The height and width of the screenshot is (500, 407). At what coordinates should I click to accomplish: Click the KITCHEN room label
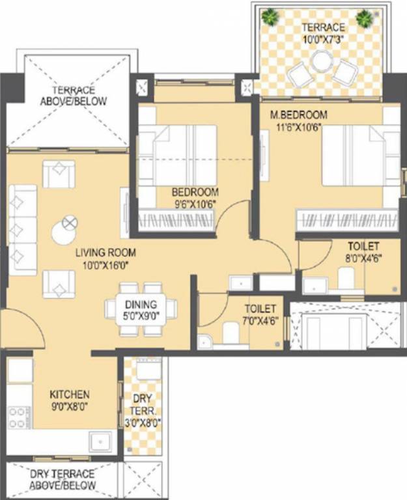[70, 395]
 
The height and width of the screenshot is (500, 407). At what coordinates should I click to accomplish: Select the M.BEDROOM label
[299, 115]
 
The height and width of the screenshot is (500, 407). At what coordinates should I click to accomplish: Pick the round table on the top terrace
[320, 62]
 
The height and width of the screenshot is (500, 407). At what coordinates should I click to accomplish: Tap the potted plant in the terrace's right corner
[364, 16]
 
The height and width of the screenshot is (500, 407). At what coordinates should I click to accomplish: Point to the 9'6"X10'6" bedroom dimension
[193, 204]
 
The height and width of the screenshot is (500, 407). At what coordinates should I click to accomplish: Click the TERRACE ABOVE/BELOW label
[74, 96]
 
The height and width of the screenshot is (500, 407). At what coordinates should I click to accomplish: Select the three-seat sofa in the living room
[22, 229]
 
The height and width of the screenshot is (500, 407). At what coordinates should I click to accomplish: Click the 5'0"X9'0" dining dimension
[141, 316]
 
